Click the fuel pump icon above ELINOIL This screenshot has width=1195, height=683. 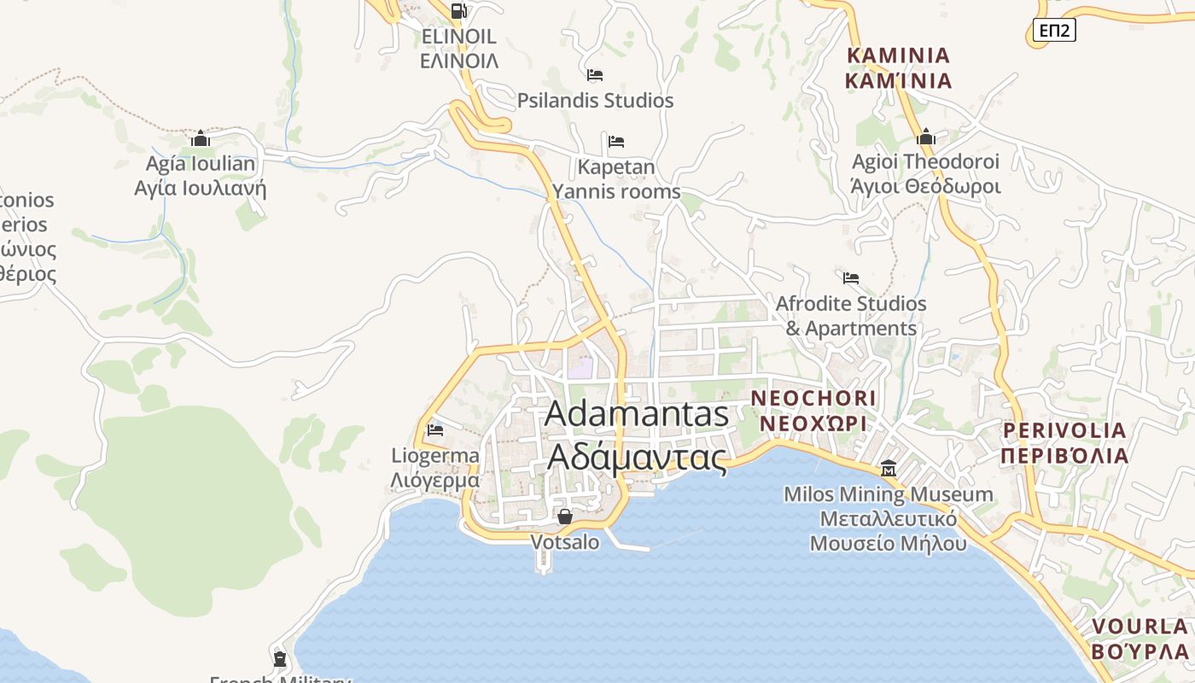click(458, 11)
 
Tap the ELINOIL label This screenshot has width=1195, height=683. click(459, 48)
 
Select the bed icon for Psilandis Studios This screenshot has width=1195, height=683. click(595, 75)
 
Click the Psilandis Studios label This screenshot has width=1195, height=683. click(595, 101)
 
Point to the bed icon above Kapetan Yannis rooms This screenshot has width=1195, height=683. click(616, 141)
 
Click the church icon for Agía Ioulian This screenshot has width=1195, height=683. click(201, 138)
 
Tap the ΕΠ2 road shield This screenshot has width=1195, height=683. click(1054, 31)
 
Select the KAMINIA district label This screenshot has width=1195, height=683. click(898, 68)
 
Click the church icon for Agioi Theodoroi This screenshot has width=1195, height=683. click(926, 137)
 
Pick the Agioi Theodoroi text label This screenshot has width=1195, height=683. click(926, 173)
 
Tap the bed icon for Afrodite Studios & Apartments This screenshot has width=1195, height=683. click(850, 278)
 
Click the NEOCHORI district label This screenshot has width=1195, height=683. click(813, 410)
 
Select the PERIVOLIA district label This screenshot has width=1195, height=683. click(1064, 442)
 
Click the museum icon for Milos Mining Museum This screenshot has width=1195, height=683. click(889, 469)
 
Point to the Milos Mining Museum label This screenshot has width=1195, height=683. click(889, 518)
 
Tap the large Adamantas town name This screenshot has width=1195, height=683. click(637, 435)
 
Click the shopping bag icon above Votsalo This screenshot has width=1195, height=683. click(564, 516)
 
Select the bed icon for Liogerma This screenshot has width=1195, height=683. click(435, 430)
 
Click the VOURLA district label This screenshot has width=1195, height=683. click(1140, 638)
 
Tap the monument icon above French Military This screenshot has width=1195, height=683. click(279, 659)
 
